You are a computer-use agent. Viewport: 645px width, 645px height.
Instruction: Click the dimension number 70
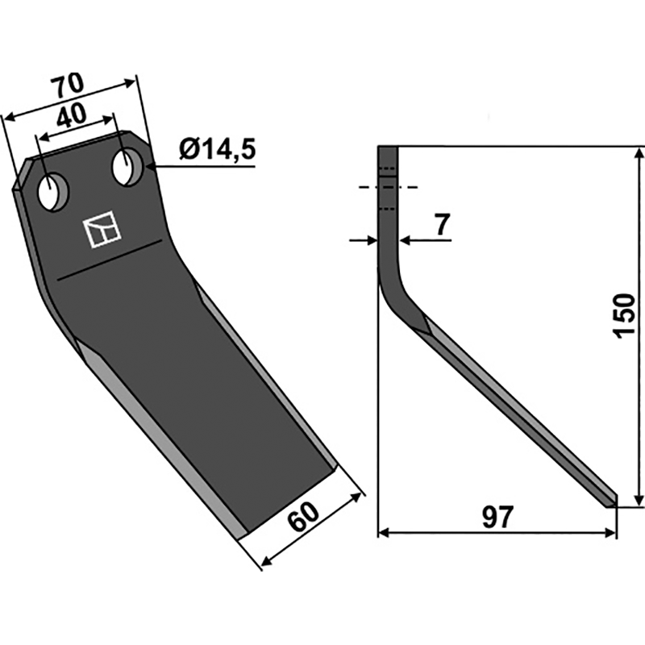(68, 85)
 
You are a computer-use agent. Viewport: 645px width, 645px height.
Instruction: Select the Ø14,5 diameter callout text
(218, 149)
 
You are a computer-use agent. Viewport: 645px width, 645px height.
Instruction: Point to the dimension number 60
(303, 516)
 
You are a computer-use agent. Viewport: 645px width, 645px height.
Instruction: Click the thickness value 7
(442, 225)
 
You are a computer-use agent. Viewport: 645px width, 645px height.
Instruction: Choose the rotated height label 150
(624, 316)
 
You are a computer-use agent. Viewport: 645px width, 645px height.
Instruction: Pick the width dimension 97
(498, 517)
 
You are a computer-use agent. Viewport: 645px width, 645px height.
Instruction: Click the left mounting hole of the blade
(53, 193)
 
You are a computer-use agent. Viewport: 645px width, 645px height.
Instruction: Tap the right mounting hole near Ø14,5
(127, 169)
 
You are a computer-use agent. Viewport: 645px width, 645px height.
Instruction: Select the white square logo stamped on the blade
(102, 229)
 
